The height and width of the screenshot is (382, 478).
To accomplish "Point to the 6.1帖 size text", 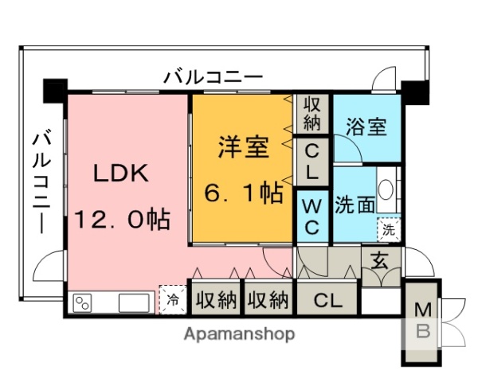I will (x=243, y=193).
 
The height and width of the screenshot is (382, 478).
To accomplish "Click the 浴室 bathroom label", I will (x=367, y=127).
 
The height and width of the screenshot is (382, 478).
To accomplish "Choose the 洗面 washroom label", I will (x=355, y=205).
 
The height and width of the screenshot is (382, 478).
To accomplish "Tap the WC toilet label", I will (x=312, y=216).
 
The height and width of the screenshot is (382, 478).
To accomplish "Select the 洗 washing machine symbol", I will (x=389, y=228).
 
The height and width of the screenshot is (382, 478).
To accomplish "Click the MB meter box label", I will (x=423, y=321).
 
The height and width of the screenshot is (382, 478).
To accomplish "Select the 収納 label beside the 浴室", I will (x=311, y=113).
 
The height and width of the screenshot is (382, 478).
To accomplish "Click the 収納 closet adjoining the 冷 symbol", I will (x=216, y=300).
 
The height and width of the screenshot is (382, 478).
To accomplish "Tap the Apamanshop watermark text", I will (x=239, y=333).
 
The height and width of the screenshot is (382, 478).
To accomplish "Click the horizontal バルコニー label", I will (x=213, y=78).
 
